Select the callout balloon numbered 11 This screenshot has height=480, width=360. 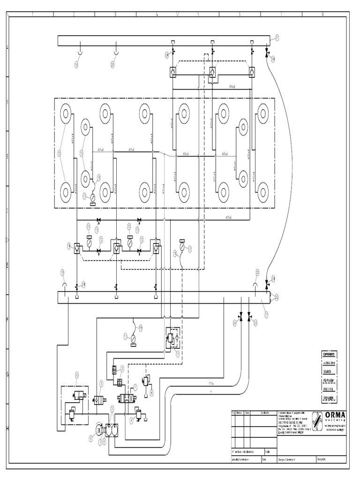pyautogui.click(x=178, y=354)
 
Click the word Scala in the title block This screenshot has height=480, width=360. pyautogui.click(x=267, y=452)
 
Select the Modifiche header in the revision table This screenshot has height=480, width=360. pyautogui.click(x=265, y=412)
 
